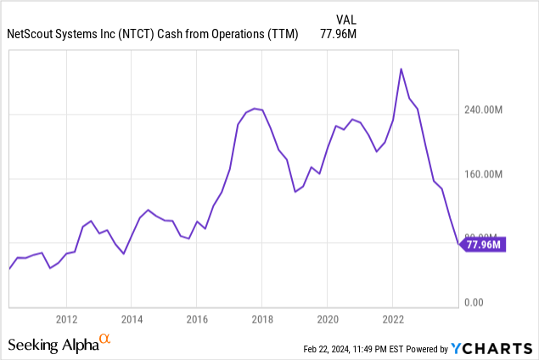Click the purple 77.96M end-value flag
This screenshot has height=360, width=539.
[x=484, y=245]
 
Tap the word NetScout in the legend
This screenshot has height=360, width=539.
[x=31, y=35]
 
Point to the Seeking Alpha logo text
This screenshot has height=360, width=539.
[x=52, y=345]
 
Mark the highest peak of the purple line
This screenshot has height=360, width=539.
[x=401, y=69]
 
